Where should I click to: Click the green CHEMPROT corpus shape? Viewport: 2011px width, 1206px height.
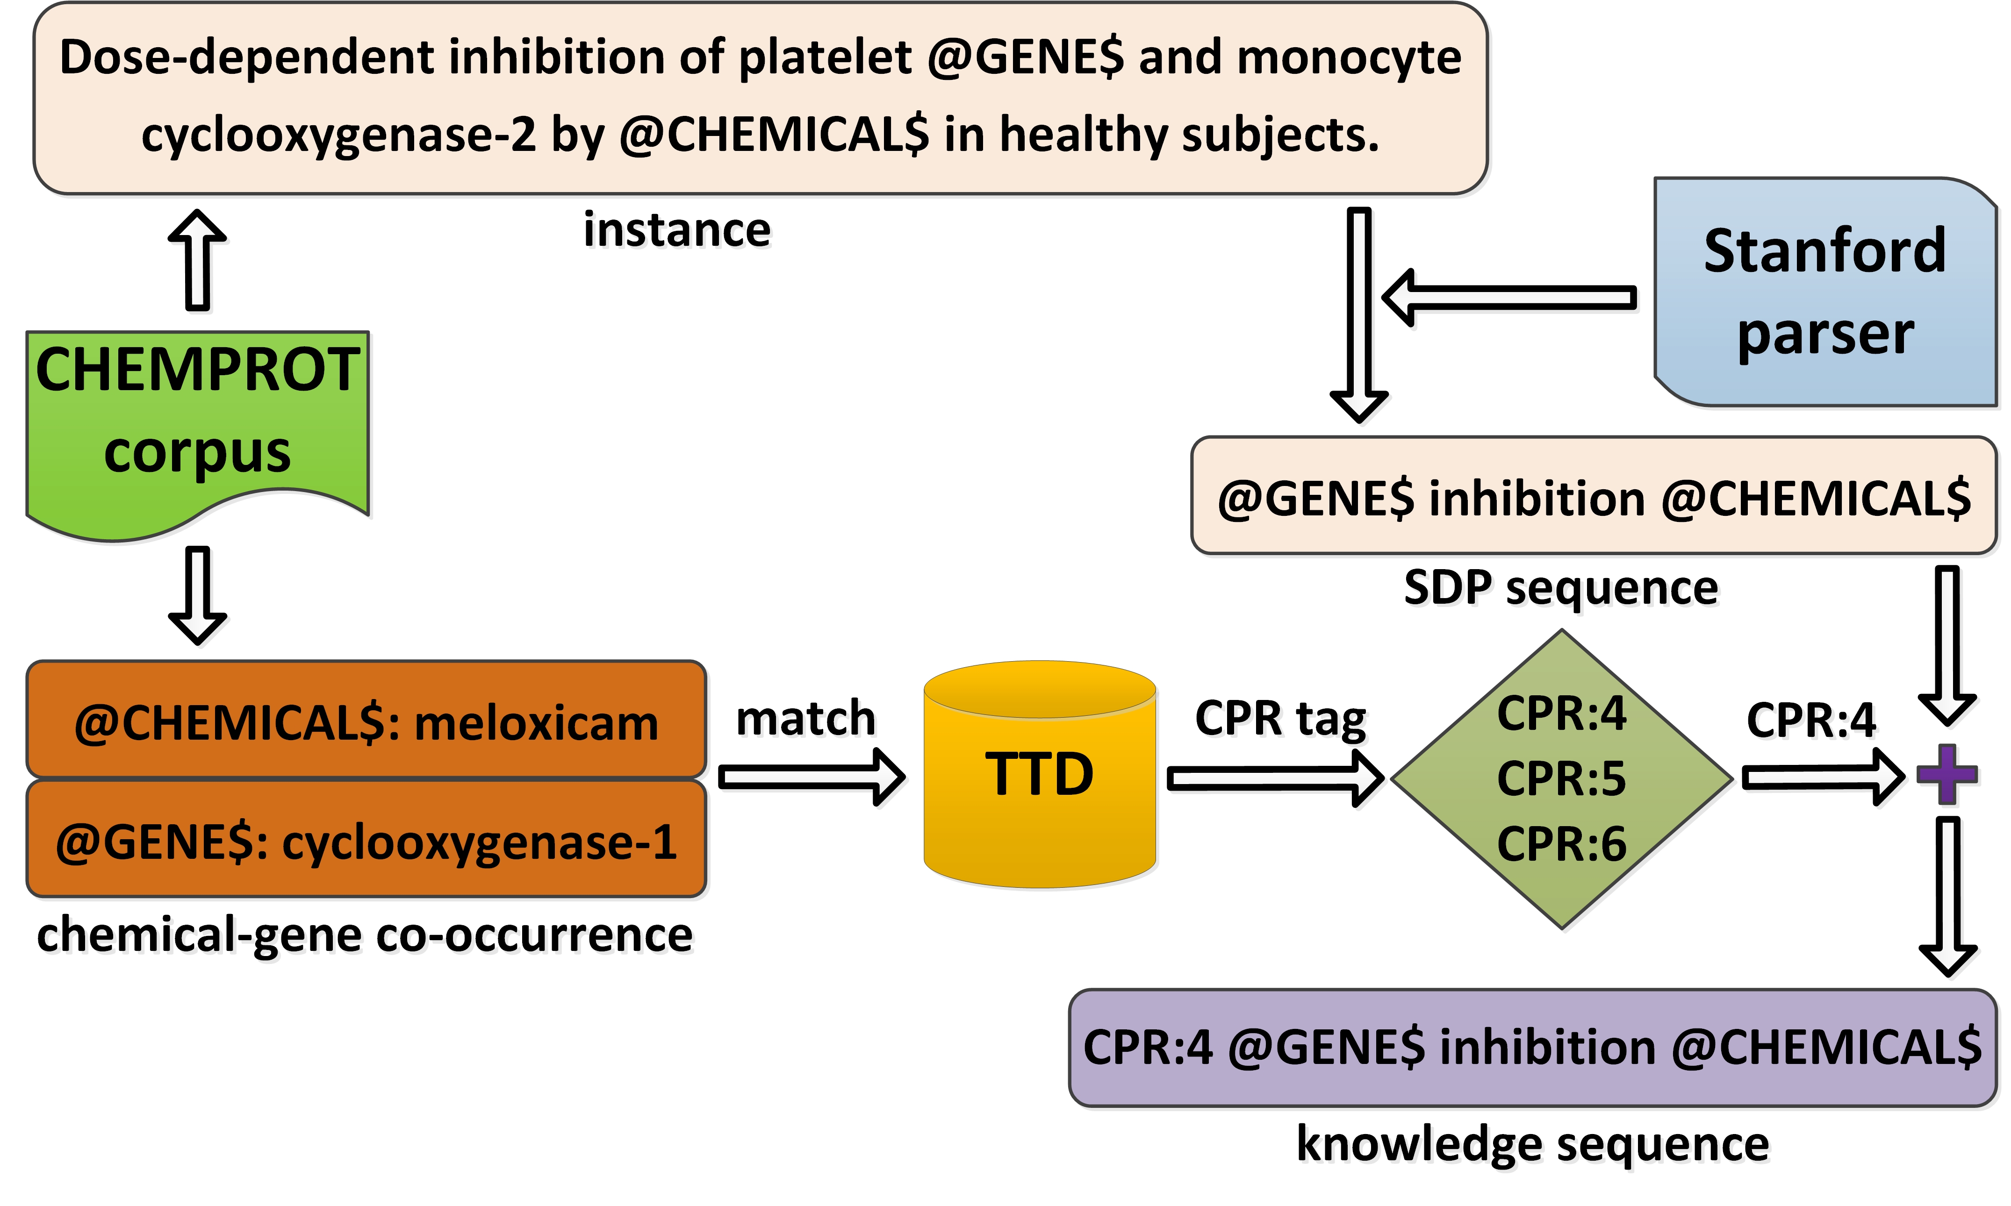[198, 422]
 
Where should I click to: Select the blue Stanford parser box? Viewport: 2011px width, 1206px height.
[1825, 293]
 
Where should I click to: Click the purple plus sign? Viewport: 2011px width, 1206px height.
[1947, 774]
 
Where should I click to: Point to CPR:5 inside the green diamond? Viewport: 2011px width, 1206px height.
[1561, 778]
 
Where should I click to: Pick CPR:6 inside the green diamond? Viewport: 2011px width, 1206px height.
[1561, 843]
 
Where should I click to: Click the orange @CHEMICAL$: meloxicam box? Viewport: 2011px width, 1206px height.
[366, 721]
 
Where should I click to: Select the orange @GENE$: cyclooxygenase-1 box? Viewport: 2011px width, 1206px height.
[366, 841]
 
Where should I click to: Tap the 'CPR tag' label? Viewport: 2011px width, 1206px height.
[1280, 718]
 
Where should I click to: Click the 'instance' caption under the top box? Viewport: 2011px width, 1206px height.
[677, 230]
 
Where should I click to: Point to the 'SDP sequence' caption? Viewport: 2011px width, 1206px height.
[1561, 587]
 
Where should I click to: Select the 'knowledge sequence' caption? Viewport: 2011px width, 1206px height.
[1532, 1144]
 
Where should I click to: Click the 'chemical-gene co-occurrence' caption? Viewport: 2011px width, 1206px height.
[365, 935]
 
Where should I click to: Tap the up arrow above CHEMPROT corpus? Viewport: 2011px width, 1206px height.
[198, 260]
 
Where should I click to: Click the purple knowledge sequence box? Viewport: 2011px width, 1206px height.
[1532, 1048]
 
